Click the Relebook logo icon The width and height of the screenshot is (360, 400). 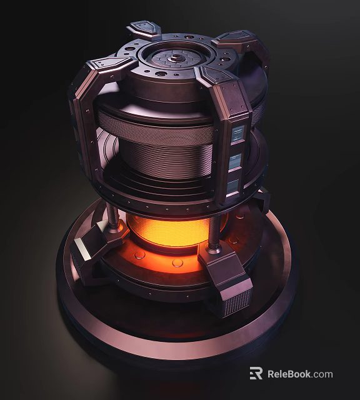[x=256, y=374]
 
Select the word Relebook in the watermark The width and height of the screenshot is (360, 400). [x=289, y=374]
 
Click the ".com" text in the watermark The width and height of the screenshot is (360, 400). [x=323, y=374]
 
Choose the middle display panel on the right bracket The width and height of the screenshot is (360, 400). [x=235, y=161]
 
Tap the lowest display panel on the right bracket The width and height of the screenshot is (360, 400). [x=232, y=185]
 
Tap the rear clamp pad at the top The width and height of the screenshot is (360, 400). [x=144, y=29]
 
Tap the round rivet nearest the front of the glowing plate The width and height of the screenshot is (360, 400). [x=177, y=262]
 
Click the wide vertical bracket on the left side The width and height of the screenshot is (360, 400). [x=84, y=125]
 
